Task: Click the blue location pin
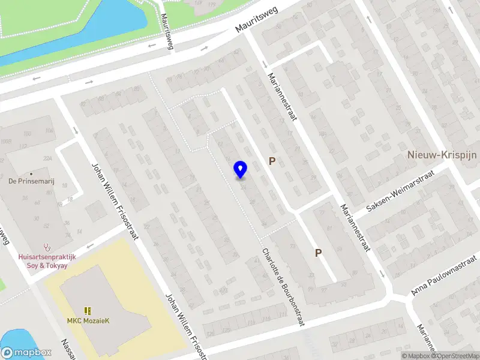click(240, 169)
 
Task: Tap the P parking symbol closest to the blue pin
click(272, 161)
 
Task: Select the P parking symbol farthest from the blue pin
click(318, 253)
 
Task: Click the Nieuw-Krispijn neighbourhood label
click(442, 154)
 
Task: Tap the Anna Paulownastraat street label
click(444, 275)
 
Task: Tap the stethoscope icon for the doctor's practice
click(46, 247)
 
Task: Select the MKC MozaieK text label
click(88, 320)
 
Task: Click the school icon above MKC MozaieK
click(88, 310)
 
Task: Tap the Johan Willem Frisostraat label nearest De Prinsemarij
click(114, 201)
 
